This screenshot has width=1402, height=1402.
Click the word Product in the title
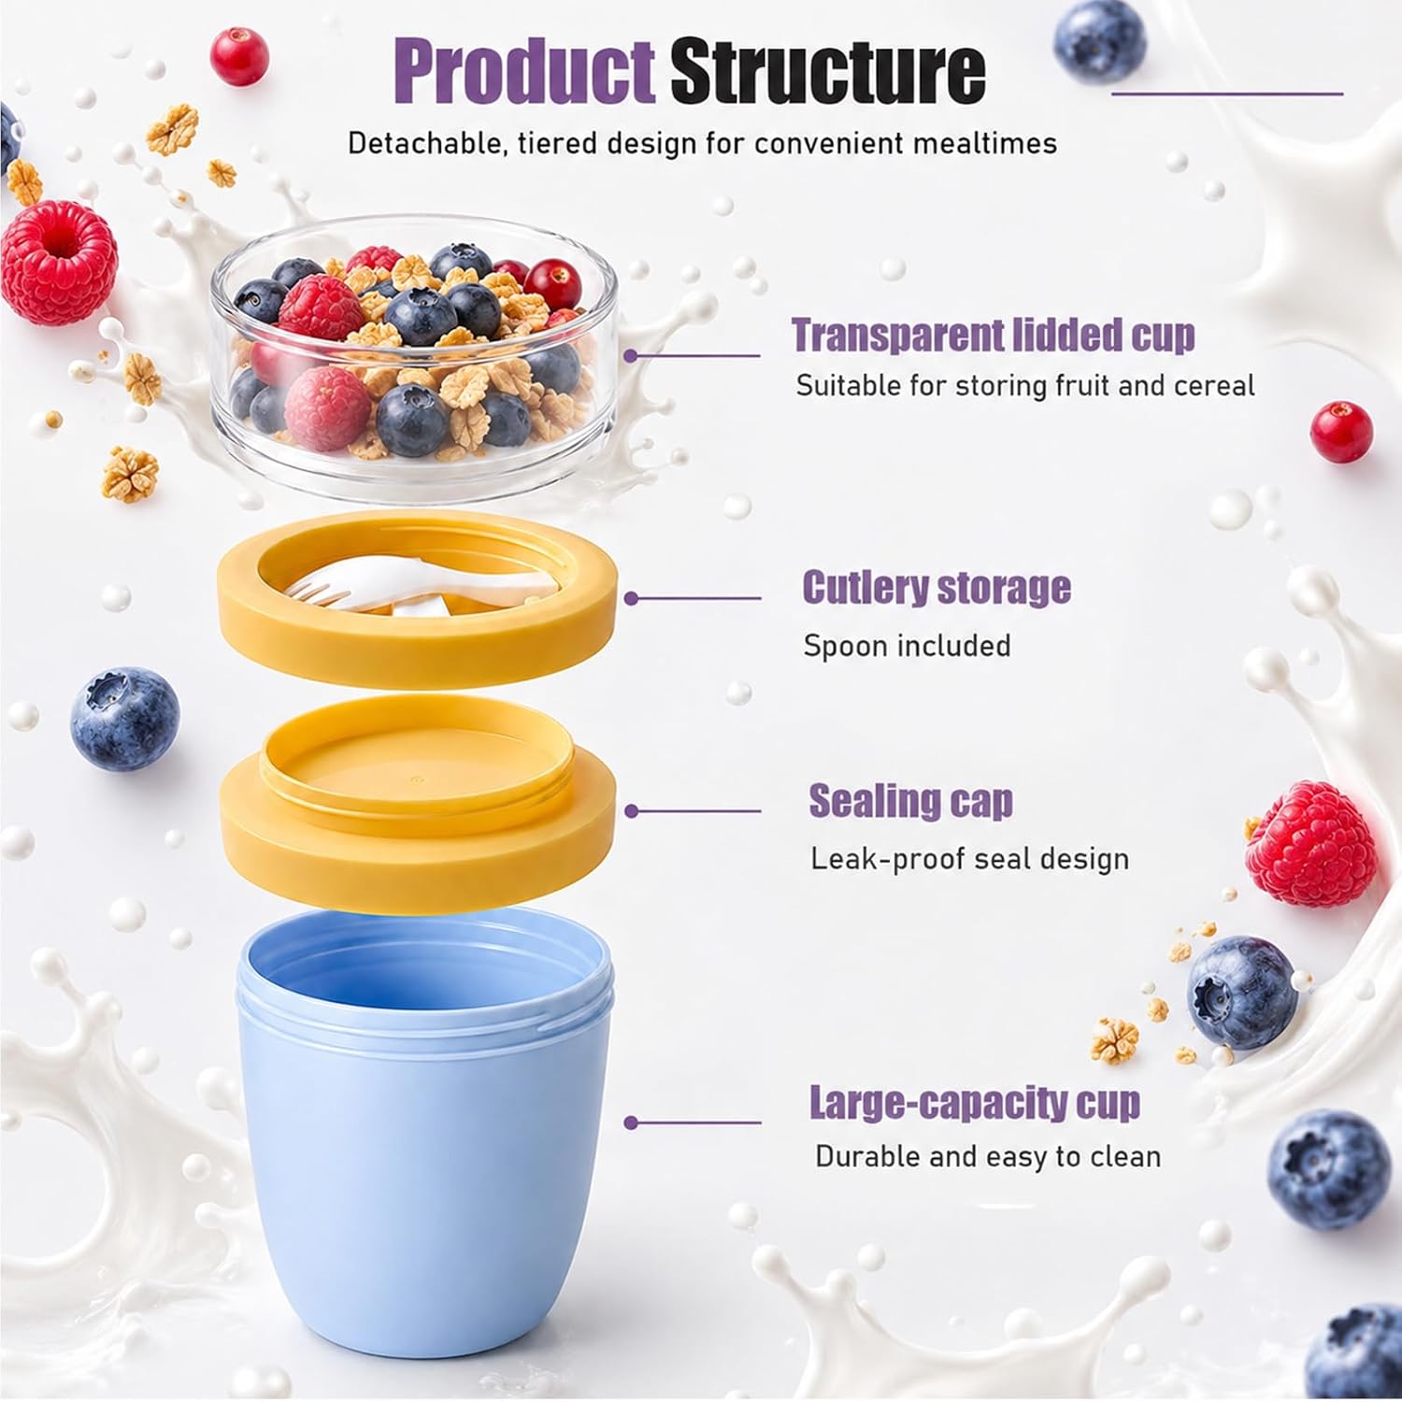524,70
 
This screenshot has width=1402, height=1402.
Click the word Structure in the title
828,70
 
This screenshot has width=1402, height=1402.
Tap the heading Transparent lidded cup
994,335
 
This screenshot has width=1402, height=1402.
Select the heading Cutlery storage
937,588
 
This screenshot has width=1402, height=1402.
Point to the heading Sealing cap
910,802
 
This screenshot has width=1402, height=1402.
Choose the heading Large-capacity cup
975,1103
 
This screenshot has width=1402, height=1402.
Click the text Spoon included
907,646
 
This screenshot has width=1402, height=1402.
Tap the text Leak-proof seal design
969,859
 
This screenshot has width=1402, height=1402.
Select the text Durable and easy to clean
988,1156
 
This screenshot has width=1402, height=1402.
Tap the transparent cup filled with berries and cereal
414,357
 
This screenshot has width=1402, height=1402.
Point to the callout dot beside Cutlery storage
631,598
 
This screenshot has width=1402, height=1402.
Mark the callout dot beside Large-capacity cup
631,1123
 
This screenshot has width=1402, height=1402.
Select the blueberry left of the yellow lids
124,718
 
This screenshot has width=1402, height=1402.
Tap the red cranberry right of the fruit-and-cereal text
1341,432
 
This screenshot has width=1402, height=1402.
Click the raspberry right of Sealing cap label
1311,844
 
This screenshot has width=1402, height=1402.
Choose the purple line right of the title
1227,93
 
